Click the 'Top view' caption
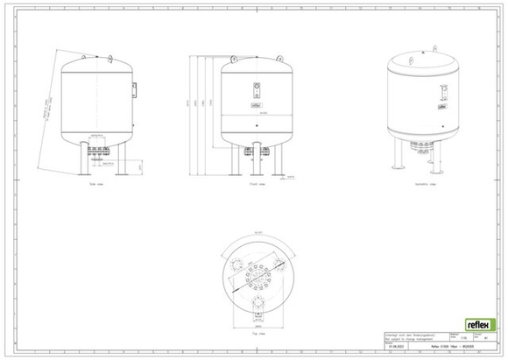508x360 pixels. pos(258,332)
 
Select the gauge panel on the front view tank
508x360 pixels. pos(258,90)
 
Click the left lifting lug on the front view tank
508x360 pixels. pos(236,57)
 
